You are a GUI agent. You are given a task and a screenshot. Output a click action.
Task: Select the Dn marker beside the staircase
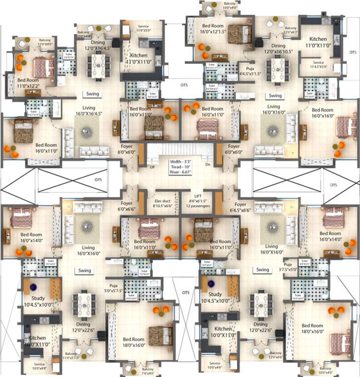click(x=208, y=165)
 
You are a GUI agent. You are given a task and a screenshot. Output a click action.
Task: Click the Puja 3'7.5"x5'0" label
click(x=291, y=267)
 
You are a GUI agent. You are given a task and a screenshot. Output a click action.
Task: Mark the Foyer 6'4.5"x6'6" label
click(x=240, y=208)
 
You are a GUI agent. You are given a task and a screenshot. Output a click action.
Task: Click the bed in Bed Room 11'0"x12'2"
click(x=44, y=67)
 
